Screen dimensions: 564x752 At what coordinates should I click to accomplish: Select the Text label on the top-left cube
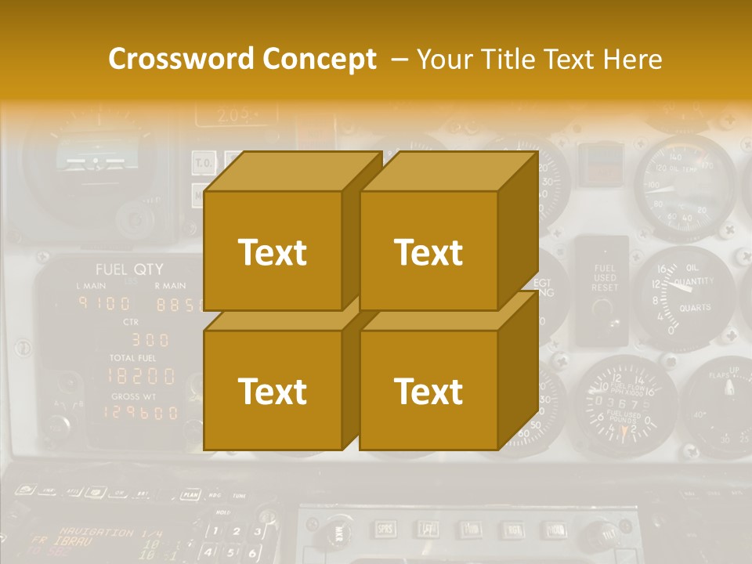pos(272,252)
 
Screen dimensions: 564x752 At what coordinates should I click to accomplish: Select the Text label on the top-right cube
pos(428,252)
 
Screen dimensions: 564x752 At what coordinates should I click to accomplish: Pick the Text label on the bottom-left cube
pos(272,391)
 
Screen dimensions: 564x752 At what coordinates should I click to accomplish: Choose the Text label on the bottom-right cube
pos(428,391)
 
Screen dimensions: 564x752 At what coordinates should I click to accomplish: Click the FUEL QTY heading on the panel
pos(129,269)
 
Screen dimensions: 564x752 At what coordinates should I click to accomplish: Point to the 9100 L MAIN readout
pos(103,304)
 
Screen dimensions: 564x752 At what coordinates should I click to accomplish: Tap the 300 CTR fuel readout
pos(149,340)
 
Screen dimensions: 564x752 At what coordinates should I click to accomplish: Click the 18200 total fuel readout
pos(141,375)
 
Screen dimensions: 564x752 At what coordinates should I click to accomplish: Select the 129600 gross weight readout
pos(141,412)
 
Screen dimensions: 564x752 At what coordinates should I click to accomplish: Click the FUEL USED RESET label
pos(604,278)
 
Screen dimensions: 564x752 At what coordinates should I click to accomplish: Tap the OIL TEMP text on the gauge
pos(681,168)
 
